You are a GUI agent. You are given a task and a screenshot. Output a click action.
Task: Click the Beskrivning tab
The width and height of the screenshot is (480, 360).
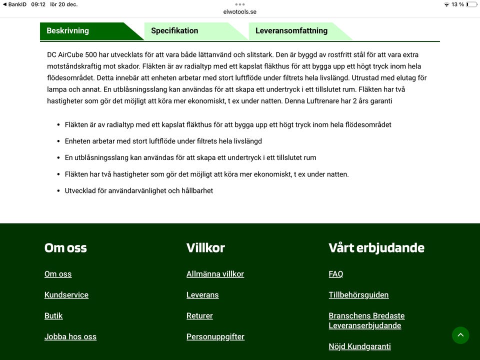point(68,30)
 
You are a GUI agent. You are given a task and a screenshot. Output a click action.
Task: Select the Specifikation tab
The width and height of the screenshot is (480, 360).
point(174,30)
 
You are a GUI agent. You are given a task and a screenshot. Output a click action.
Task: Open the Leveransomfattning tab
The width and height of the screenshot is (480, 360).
point(291,30)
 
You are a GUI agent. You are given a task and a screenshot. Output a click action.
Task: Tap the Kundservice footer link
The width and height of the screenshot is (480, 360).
point(66,295)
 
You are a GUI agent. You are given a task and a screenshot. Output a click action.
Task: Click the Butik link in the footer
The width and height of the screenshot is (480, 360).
point(53,316)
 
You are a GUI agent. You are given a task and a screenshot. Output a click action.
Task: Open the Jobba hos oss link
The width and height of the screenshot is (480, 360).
point(70,337)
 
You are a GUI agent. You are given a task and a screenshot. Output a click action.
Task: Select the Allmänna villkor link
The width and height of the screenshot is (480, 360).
point(215,274)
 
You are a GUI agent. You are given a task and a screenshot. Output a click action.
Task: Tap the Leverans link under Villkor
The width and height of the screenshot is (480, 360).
point(202,295)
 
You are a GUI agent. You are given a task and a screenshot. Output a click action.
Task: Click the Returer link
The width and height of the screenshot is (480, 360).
point(199,316)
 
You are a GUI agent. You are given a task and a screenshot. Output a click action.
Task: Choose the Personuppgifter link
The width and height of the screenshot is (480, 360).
point(215,337)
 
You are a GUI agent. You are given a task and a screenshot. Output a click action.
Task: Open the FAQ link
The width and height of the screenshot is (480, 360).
point(336,274)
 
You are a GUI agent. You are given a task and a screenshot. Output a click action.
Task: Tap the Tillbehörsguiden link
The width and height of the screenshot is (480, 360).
point(358,295)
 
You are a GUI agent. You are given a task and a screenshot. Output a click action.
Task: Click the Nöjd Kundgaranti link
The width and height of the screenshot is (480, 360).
point(359,346)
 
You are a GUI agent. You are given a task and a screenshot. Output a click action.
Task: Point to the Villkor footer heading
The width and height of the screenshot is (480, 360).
point(205,248)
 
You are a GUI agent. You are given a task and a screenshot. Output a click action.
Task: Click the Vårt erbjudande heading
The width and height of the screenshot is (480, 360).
point(376,248)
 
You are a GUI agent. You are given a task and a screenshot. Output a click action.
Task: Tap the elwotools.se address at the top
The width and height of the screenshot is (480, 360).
point(240,12)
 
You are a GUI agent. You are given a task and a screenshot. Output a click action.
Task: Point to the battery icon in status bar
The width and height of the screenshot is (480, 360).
point(471,4)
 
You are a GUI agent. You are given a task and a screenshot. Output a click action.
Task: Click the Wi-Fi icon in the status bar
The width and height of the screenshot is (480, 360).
point(446,4)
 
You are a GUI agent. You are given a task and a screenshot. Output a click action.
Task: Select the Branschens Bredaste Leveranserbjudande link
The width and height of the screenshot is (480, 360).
point(366,320)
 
